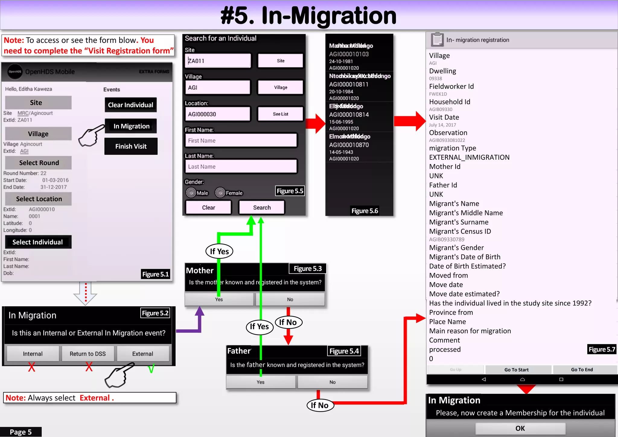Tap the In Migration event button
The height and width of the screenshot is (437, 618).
tap(131, 126)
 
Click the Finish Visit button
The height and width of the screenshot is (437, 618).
tap(131, 146)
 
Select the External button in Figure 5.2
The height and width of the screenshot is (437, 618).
tap(142, 354)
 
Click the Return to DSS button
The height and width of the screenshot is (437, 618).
tap(88, 354)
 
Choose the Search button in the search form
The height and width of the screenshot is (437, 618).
tap(262, 208)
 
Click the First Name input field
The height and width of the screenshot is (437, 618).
tap(241, 141)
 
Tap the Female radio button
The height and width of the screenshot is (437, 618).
tap(220, 193)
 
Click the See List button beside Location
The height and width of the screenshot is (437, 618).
tap(280, 114)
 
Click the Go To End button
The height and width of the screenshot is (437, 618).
tap(582, 370)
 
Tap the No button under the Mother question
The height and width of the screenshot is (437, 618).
tap(290, 299)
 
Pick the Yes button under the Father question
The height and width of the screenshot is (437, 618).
tap(260, 382)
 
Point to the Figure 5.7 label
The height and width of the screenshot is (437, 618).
tap(601, 349)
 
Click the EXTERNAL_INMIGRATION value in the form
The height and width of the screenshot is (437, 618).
tap(469, 158)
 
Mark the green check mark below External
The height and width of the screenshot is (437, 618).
tap(151, 368)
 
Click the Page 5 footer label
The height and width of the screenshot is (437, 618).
tap(21, 432)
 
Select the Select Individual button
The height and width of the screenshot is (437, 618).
tap(38, 242)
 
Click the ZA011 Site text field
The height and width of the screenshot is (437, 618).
tap(218, 61)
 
